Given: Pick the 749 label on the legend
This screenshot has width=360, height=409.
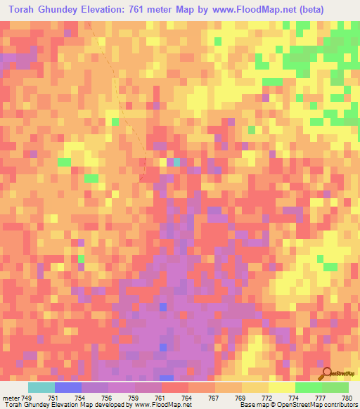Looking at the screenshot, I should tap(27, 397).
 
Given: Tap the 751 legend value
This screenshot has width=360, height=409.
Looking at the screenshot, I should tap(53, 397).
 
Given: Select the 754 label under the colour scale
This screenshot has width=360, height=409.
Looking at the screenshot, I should tap(80, 397).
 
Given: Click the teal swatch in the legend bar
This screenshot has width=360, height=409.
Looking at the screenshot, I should tap(41, 387).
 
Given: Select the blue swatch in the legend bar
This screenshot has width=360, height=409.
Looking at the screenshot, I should tap(67, 387).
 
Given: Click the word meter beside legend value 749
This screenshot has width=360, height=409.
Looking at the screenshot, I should tap(9, 397).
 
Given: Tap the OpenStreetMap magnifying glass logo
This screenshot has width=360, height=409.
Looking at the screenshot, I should tap(326, 374).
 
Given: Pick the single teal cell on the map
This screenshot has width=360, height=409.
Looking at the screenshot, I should tap(176, 162).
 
